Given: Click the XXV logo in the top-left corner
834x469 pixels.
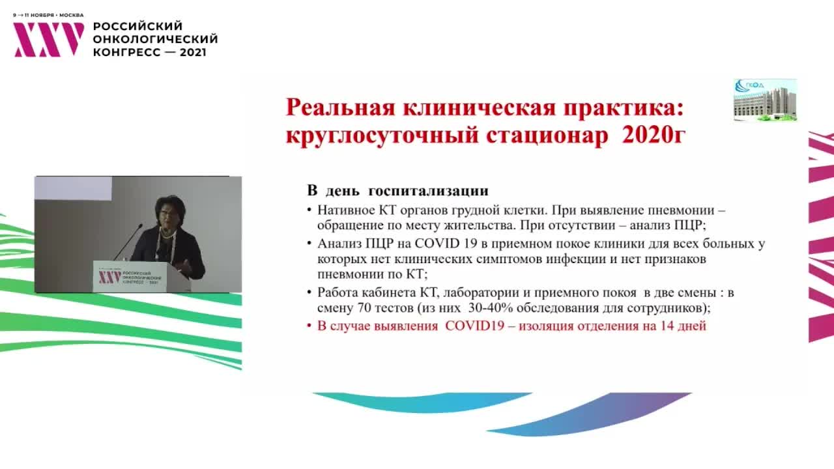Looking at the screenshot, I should [x=49, y=40].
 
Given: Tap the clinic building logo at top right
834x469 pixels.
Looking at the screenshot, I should [x=765, y=100].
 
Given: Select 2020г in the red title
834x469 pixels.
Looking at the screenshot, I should [x=654, y=135].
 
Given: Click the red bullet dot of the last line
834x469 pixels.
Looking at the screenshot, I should [x=309, y=326].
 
